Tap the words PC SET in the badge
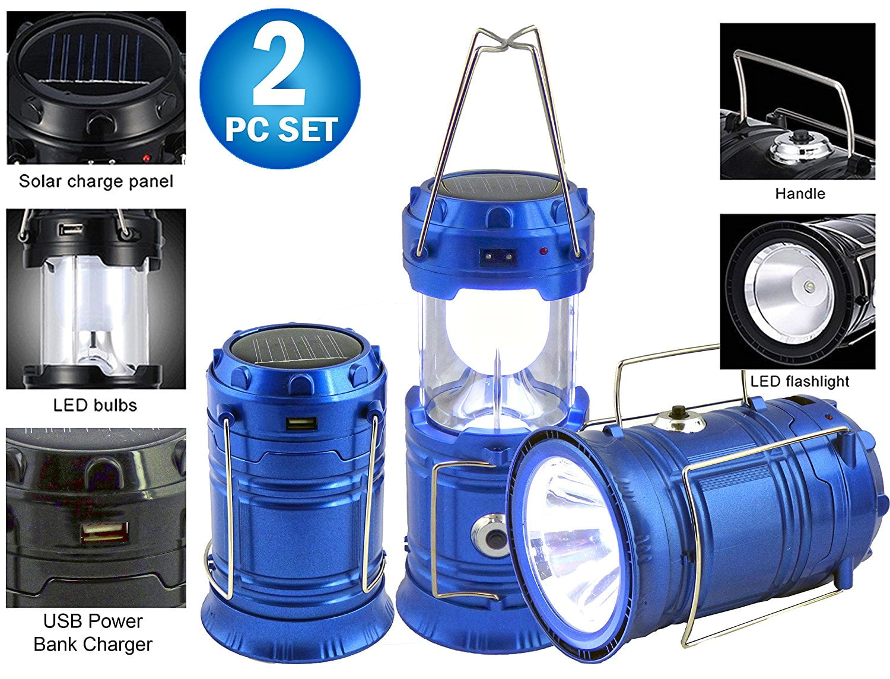(x=281, y=129)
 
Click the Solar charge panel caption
(x=96, y=181)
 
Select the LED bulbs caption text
(x=95, y=405)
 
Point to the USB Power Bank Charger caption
(x=93, y=632)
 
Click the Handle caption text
(x=799, y=193)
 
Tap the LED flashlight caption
(x=799, y=381)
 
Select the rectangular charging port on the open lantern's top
(x=498, y=256)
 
